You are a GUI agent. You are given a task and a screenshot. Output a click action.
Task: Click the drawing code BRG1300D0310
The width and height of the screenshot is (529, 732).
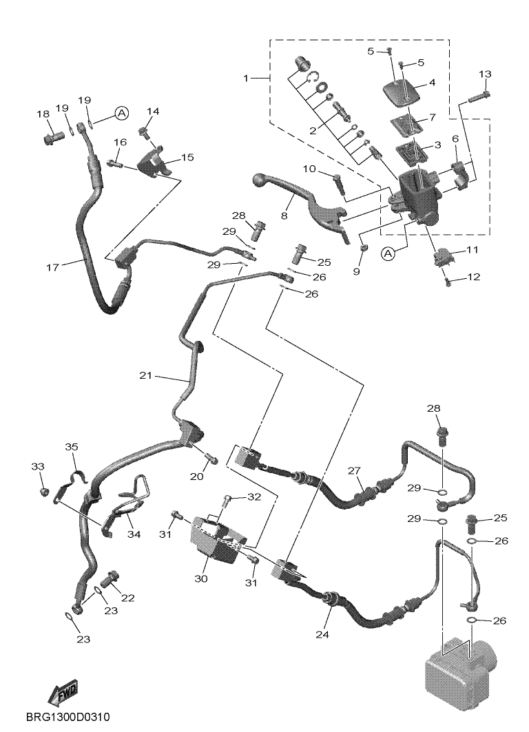coord(68,717)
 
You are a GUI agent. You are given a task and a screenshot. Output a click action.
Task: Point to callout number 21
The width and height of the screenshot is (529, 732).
coord(146,375)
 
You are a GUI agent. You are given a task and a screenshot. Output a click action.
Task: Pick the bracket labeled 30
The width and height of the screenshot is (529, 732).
coord(216,539)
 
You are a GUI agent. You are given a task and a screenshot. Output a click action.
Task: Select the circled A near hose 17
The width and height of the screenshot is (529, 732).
coord(121,113)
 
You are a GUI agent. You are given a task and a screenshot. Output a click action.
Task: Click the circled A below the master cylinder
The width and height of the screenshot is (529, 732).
coord(388,253)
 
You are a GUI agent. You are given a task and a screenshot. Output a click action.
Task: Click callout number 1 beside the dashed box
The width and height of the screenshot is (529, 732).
coord(246,78)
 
